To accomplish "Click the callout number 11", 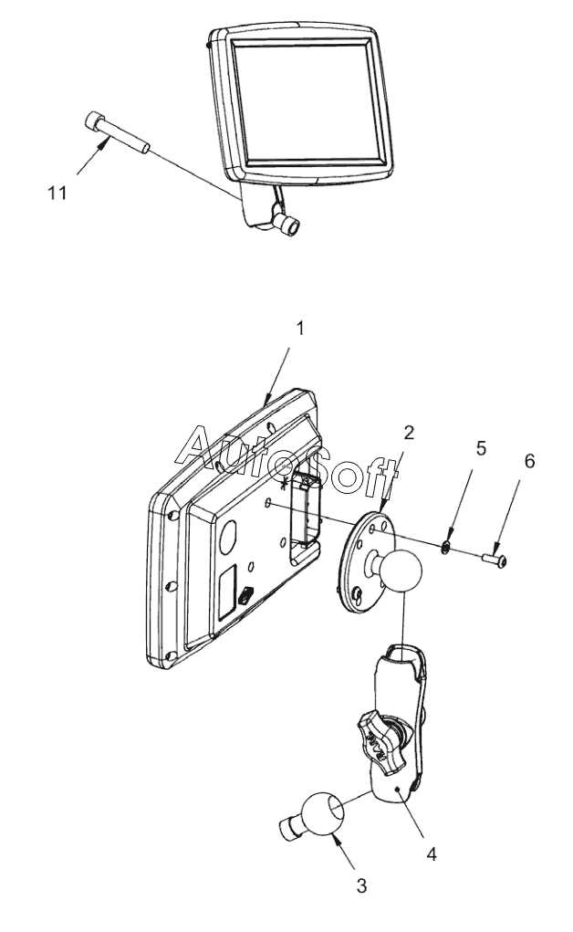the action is click(x=57, y=194).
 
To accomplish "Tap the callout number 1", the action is click(x=301, y=328).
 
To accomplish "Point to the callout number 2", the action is click(x=409, y=433).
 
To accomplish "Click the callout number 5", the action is click(x=481, y=448).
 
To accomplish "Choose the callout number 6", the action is click(x=528, y=461).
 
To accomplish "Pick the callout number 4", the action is click(x=432, y=854).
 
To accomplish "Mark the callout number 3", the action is click(x=361, y=887).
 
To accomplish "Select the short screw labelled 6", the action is click(x=494, y=560).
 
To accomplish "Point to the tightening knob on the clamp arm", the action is click(x=381, y=742).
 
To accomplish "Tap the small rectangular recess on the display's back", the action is click(x=227, y=592).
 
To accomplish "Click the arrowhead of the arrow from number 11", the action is click(x=105, y=141).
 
